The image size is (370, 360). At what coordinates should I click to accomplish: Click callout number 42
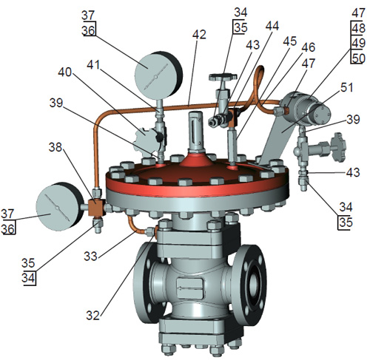pyautogui.click(x=199, y=35)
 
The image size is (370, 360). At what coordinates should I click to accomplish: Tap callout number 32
pyautogui.click(x=93, y=315)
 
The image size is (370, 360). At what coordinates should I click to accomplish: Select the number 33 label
pyautogui.click(x=90, y=257)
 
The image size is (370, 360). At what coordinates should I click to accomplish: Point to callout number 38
pyautogui.click(x=55, y=147)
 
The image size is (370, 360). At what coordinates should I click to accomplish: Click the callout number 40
pyautogui.click(x=64, y=72)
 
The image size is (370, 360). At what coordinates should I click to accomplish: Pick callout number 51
pyautogui.click(x=347, y=87)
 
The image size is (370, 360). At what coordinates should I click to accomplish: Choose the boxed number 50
pyautogui.click(x=358, y=58)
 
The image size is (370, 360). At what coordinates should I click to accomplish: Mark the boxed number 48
pyautogui.click(x=358, y=28)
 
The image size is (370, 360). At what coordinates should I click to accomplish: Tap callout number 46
pyautogui.click(x=309, y=47)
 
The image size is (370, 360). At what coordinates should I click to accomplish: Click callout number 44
pyautogui.click(x=272, y=26)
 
